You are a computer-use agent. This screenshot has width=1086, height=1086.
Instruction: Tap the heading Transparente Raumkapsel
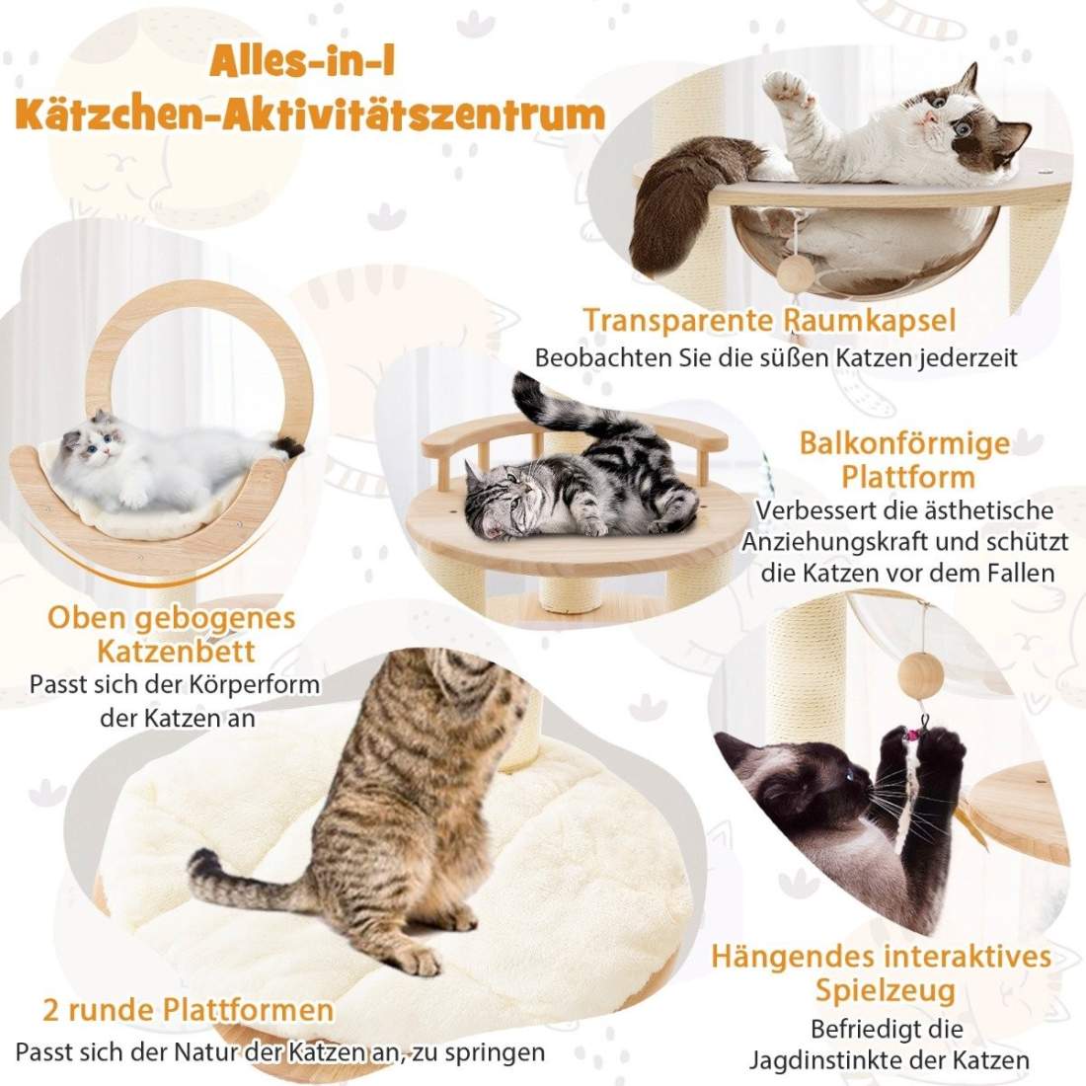[770, 321]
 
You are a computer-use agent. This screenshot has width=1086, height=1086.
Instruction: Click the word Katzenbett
[177, 651]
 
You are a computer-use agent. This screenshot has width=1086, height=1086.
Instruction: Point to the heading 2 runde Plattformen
[188, 1011]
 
